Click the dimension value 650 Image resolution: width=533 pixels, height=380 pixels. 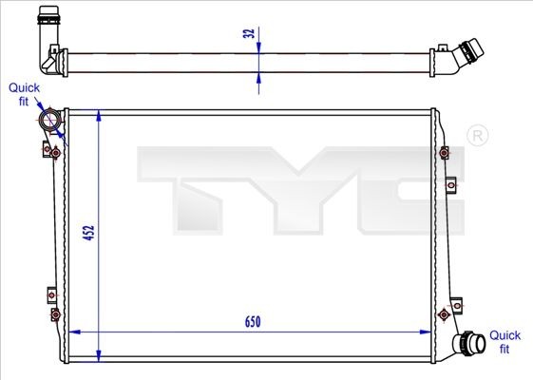[251, 322]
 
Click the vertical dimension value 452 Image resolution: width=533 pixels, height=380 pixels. [88, 235]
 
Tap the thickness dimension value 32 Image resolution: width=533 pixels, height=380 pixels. [249, 35]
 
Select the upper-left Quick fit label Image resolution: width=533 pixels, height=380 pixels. [25, 93]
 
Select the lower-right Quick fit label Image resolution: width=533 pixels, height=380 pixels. [504, 342]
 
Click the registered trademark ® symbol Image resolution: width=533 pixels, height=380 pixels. [478, 137]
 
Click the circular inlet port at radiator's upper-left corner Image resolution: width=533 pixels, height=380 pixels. [50, 122]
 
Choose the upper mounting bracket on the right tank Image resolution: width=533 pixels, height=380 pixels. [445, 153]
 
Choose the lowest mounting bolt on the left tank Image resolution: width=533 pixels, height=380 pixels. [55, 313]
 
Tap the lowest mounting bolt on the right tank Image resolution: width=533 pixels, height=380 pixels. [443, 314]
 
